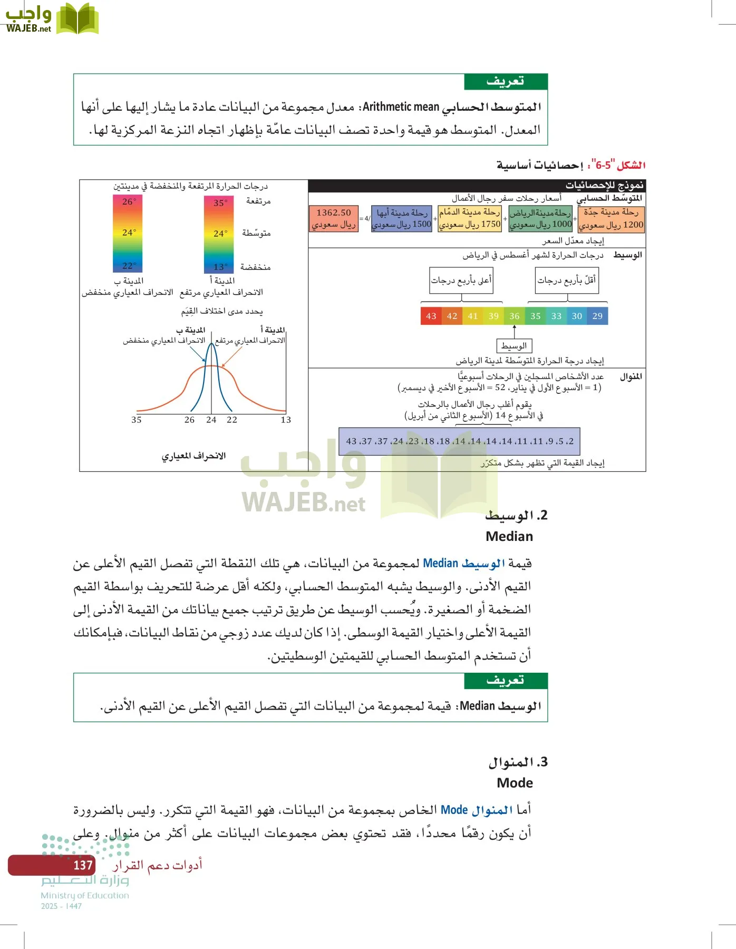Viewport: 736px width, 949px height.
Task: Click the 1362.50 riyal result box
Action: point(333,219)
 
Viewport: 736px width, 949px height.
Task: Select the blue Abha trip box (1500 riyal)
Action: point(401,219)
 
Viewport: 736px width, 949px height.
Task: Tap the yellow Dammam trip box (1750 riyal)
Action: point(469,219)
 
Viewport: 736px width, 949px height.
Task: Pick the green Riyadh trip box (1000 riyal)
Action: point(540,219)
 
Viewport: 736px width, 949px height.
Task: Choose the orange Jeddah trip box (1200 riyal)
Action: point(611,219)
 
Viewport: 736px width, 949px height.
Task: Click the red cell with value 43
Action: point(431,316)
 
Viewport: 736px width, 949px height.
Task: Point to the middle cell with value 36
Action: point(514,316)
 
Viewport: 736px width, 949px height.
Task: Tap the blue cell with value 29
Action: point(597,316)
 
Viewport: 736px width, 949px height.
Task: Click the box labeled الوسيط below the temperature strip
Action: point(514,346)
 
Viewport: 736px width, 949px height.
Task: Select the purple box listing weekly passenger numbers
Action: point(459,441)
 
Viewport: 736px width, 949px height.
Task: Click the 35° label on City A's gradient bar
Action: point(220,203)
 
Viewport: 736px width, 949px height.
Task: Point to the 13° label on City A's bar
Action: point(219,267)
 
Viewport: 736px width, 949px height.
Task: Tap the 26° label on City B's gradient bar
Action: point(129,201)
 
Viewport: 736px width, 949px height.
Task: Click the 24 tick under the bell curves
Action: point(211,420)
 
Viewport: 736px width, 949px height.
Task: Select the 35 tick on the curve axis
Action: point(137,420)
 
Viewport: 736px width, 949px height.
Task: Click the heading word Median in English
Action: point(509,537)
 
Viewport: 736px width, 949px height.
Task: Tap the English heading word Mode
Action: point(515,783)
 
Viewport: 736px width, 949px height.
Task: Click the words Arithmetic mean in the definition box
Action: point(401,107)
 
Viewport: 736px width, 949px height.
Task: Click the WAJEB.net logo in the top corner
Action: point(51,19)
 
